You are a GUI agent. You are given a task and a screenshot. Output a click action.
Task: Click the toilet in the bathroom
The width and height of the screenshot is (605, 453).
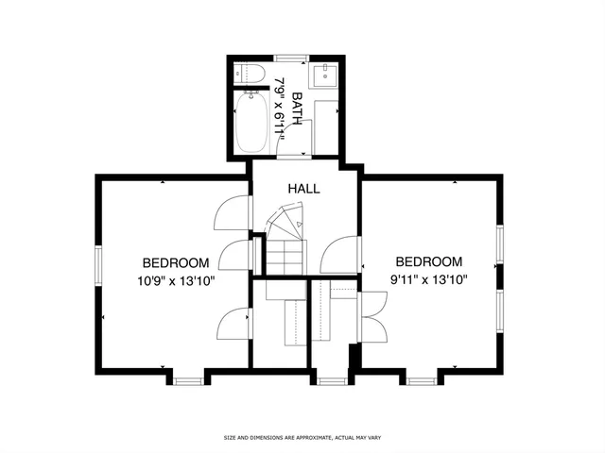pos(251,73)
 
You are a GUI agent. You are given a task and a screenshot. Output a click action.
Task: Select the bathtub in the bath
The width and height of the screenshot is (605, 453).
pos(252,123)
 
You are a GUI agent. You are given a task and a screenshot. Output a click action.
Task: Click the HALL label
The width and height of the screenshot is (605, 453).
pos(304,189)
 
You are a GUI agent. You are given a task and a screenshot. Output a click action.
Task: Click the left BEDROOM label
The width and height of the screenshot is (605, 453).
pos(176,262)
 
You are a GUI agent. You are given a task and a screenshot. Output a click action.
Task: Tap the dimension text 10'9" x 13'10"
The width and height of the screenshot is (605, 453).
pos(176,279)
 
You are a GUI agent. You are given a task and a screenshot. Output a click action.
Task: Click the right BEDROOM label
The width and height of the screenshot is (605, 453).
pos(428,261)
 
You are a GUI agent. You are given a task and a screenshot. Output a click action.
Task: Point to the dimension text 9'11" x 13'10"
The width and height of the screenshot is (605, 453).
pos(428,278)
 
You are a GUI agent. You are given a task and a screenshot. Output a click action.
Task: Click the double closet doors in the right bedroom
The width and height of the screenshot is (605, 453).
pos(372,316)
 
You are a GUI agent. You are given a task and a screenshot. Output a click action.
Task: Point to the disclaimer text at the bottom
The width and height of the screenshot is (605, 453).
pos(302,438)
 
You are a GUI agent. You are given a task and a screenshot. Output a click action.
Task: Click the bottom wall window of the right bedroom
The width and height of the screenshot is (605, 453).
pos(421,380)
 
